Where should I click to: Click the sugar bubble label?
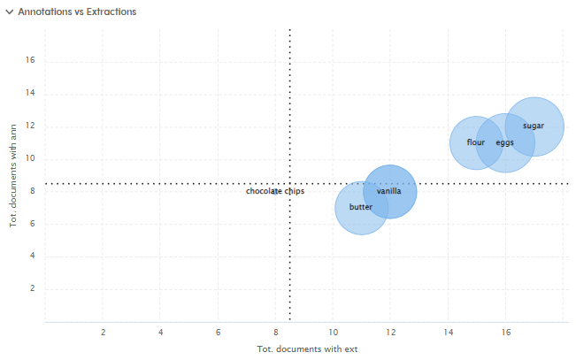click(x=534, y=126)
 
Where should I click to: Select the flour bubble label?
click(x=476, y=142)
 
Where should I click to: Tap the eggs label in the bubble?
click(x=504, y=142)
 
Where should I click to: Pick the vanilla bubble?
click(x=389, y=191)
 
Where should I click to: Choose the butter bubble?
click(x=361, y=207)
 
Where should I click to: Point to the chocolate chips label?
click(x=275, y=191)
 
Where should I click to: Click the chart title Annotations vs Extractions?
click(x=77, y=12)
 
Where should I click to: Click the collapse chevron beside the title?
click(x=10, y=12)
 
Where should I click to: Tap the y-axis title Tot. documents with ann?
click(x=13, y=176)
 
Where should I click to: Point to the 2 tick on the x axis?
click(x=104, y=333)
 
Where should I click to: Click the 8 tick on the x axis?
click(x=275, y=333)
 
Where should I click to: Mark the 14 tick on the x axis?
click(x=448, y=333)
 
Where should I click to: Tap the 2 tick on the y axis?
click(x=32, y=289)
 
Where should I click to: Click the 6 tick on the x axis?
click(x=218, y=333)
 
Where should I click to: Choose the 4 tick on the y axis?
click(x=32, y=257)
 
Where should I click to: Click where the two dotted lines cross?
click(x=290, y=184)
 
